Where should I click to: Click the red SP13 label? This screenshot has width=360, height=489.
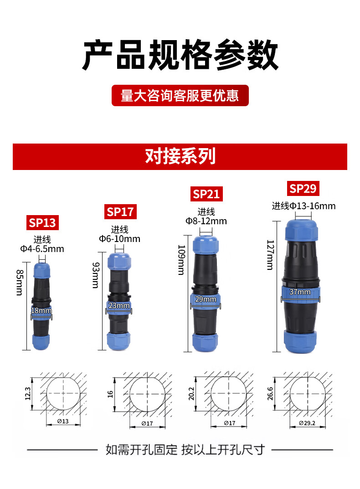pos(42,223)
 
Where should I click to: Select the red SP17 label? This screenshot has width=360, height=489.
pos(120,212)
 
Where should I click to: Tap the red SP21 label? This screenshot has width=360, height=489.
pos(206,194)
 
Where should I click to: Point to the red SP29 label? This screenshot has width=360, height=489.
pos(303,188)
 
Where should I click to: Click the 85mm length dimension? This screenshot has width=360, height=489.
pos(19,283)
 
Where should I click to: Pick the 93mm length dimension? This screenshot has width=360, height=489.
pos(95,275)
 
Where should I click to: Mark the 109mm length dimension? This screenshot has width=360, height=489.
pos(181,260)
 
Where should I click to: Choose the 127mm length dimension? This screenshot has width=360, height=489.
pos(270,255)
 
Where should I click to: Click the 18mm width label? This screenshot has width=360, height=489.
pos(41,311)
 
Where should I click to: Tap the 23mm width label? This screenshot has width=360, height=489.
pos(119,306)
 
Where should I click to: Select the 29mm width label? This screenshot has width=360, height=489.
pos(205,299)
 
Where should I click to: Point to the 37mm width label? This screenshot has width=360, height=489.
pos(300,292)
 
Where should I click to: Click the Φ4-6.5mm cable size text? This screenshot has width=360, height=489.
pos(42,249)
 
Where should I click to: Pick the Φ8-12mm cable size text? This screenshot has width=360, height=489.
pos(206,221)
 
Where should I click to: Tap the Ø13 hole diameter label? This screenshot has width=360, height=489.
pos(63,422)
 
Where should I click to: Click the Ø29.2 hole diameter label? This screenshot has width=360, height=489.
pos(307,423)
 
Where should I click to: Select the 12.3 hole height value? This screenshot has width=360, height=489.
pos(28,394)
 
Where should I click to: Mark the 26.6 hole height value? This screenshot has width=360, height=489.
pos(270,394)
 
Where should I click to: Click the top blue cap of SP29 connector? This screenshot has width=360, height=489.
pos(301,230)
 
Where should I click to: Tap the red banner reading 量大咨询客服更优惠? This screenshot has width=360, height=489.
pos(180,95)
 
